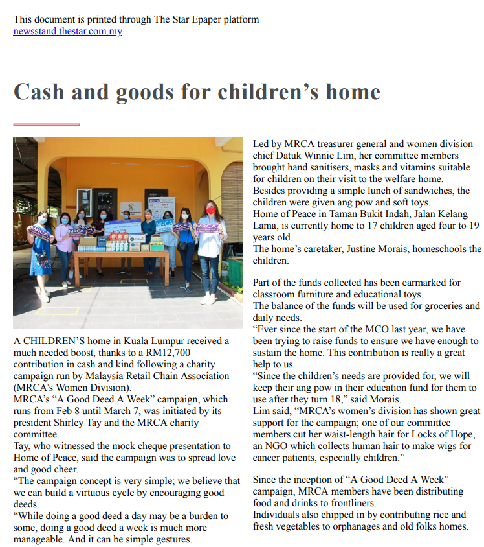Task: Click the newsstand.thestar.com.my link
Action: point(67,31)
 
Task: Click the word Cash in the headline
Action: point(39,91)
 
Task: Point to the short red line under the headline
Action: point(47,124)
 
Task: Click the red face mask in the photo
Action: point(210,211)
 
